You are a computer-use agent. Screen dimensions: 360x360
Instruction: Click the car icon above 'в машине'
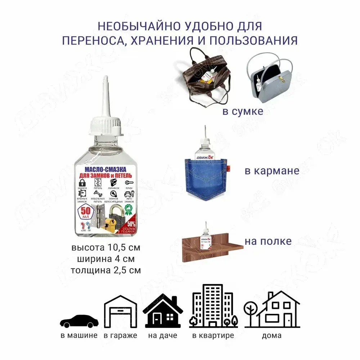(78, 321)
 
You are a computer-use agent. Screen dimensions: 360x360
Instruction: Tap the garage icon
(121, 313)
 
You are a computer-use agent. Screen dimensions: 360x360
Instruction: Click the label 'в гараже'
(121, 336)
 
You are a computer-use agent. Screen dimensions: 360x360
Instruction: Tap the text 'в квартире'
(213, 336)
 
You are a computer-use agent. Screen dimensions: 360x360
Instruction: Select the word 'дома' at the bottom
(272, 336)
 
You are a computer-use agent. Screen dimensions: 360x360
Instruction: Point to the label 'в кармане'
(272, 170)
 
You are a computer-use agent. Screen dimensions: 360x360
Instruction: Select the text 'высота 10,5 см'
(105, 248)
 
